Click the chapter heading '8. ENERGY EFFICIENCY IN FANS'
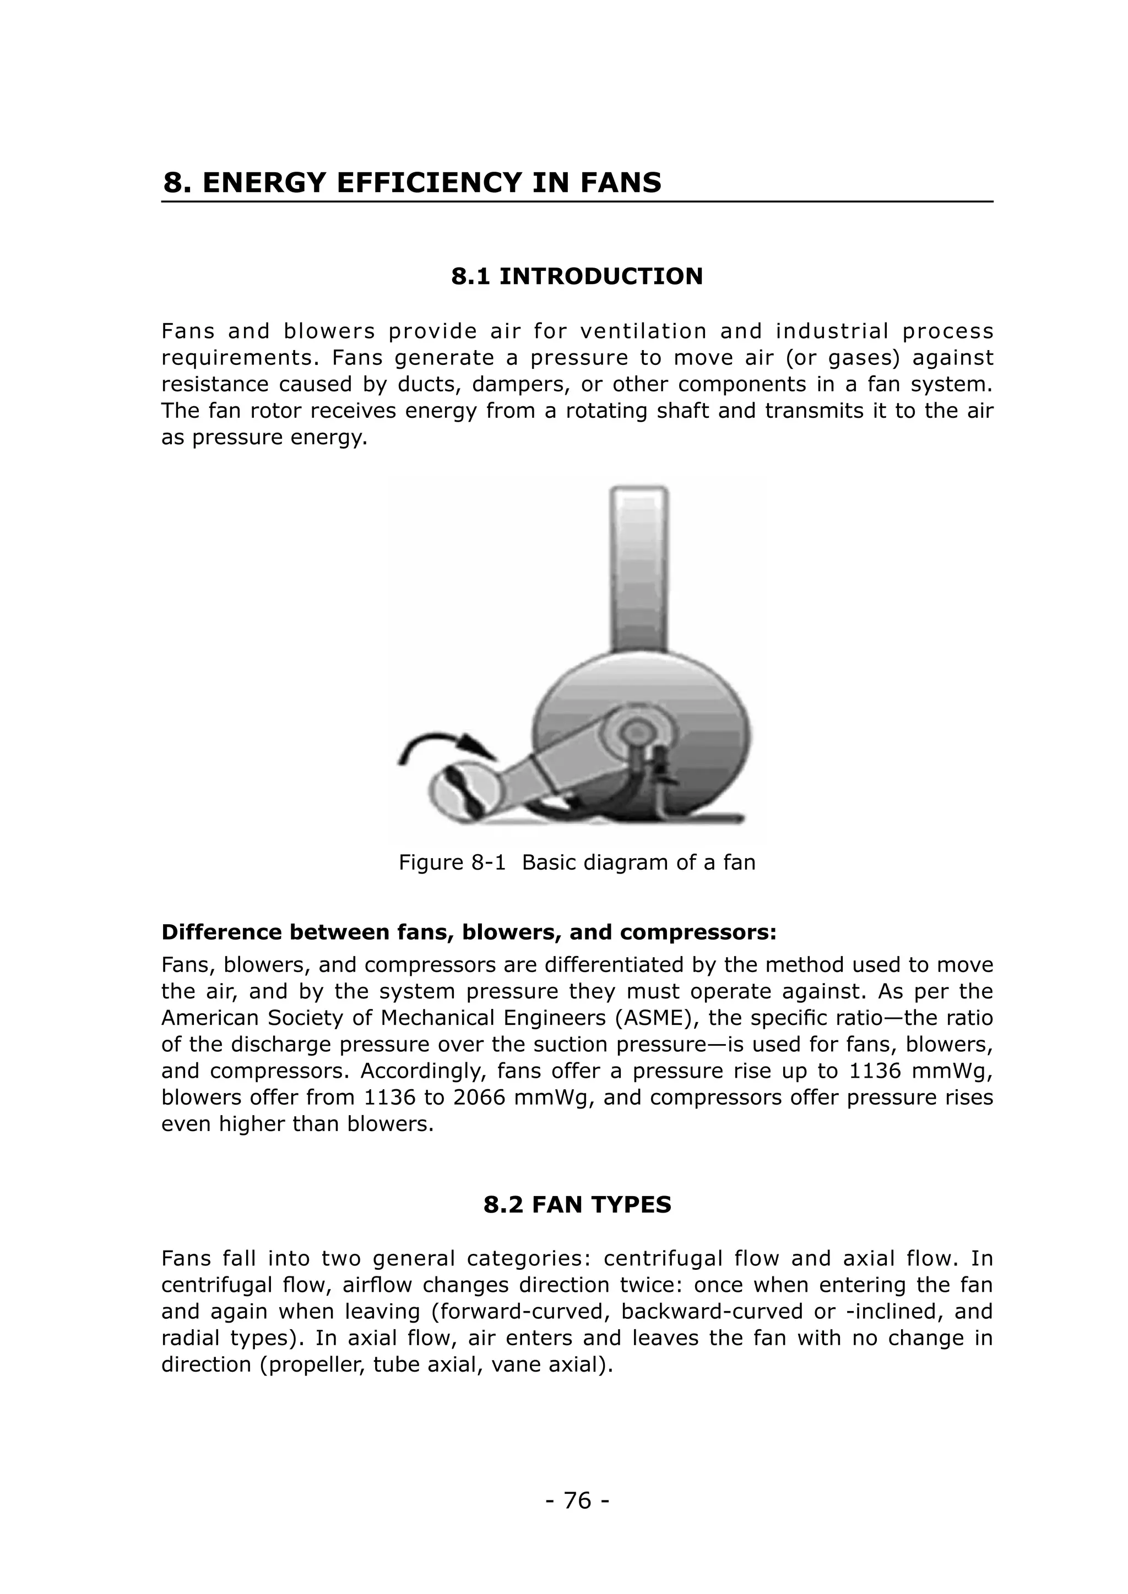tap(412, 183)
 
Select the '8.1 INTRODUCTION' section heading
tap(577, 276)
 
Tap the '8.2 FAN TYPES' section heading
tap(577, 1204)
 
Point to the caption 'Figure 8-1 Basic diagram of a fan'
tap(577, 863)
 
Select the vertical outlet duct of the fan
tap(639, 569)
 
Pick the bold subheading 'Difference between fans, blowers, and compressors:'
tap(469, 932)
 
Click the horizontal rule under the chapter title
tap(577, 202)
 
